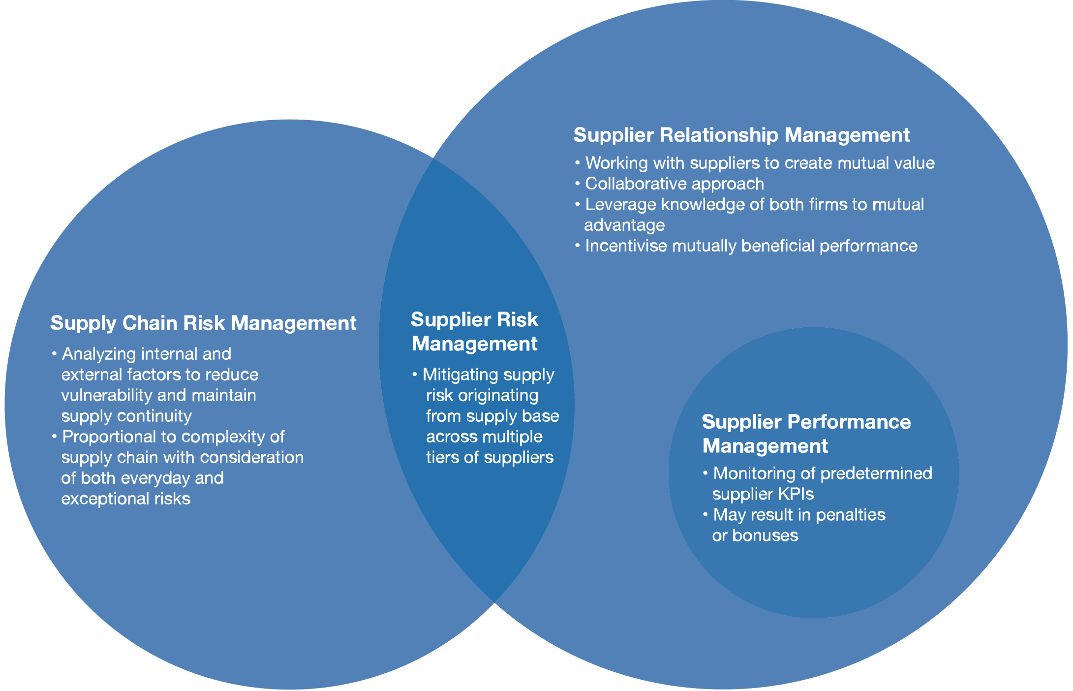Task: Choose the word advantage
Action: pyautogui.click(x=624, y=225)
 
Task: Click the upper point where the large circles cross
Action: pyautogui.click(x=432, y=159)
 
